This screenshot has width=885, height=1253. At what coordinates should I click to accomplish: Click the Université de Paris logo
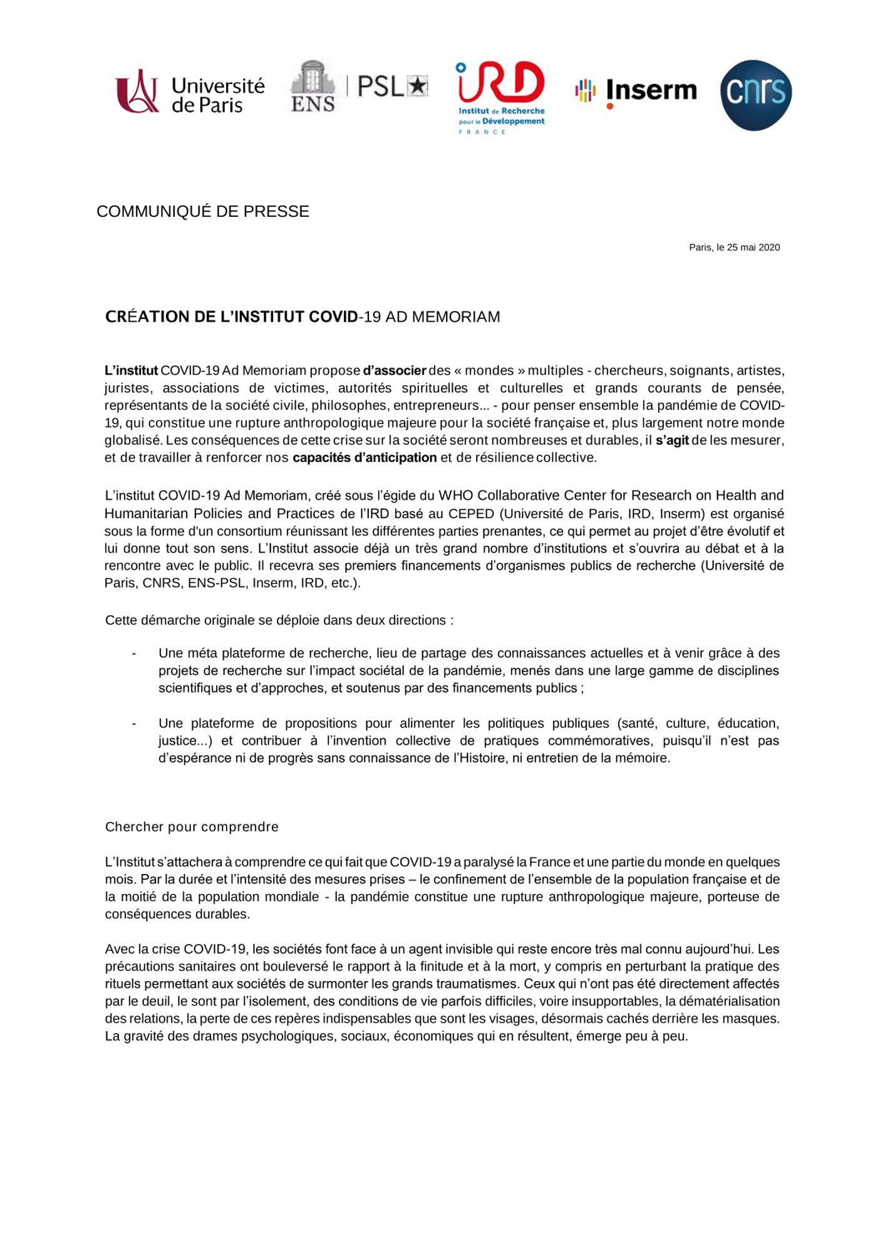click(x=190, y=93)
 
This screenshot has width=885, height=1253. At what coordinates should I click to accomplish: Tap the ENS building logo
click(x=313, y=86)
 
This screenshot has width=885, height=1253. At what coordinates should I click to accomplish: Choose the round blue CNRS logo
click(x=755, y=95)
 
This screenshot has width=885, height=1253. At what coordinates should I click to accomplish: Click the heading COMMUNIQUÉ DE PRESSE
click(x=203, y=212)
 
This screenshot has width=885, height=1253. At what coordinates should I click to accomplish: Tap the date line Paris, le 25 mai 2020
click(x=734, y=247)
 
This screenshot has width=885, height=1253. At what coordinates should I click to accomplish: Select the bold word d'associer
click(x=394, y=370)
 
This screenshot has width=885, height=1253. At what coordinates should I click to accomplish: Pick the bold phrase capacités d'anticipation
click(x=365, y=457)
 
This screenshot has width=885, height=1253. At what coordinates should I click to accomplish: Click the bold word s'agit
click(x=672, y=440)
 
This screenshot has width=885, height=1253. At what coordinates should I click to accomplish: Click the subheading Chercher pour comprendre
click(x=192, y=827)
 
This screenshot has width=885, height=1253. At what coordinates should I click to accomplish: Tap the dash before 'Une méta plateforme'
click(x=134, y=653)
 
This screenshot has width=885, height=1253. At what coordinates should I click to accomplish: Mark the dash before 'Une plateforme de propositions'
click(x=134, y=724)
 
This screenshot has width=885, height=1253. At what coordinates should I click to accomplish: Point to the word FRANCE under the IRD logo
click(x=482, y=132)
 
